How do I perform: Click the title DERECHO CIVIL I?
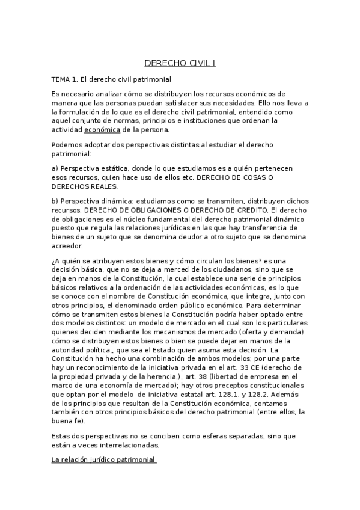[180, 63]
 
